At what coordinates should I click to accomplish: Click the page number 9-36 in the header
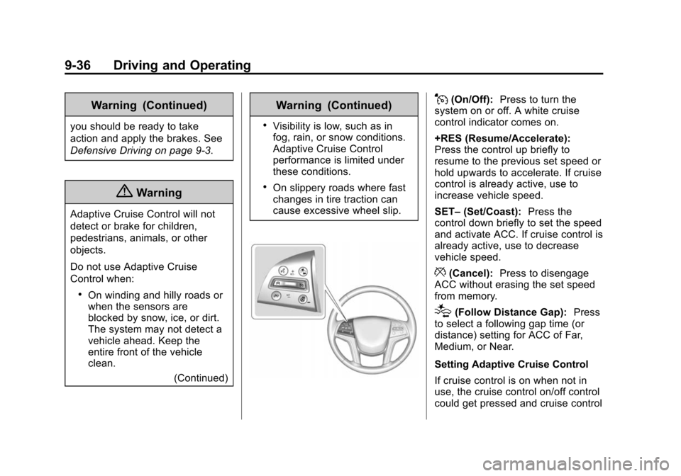pos(78,65)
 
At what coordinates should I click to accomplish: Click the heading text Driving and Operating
pos(182,66)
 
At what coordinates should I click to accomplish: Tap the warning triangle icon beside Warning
pos(124,192)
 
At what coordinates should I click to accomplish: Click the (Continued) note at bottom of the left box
pos(201,378)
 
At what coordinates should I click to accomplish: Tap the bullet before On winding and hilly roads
pos(81,295)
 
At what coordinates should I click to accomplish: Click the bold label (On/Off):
pos(472,100)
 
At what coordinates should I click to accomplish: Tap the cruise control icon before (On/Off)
pos(442,98)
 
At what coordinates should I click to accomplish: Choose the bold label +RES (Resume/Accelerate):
pos(502,139)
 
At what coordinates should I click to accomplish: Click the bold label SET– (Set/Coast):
pos(477,212)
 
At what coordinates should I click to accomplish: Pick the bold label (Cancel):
pos(471,273)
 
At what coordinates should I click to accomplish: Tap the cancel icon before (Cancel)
pos(441,272)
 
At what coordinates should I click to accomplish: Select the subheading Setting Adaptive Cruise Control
pos(511,364)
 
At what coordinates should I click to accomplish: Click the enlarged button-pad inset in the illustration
pos(289,282)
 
